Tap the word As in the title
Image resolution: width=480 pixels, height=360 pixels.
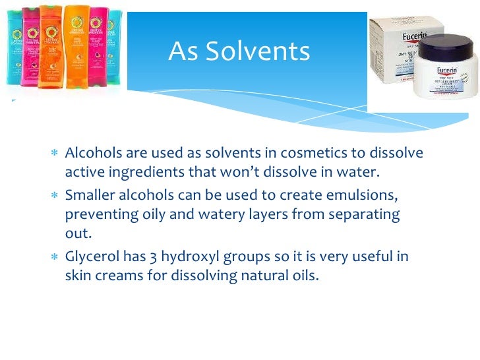coord(181,51)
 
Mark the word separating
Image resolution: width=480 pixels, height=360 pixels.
coord(367,215)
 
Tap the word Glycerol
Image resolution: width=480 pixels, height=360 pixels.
coord(90,257)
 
